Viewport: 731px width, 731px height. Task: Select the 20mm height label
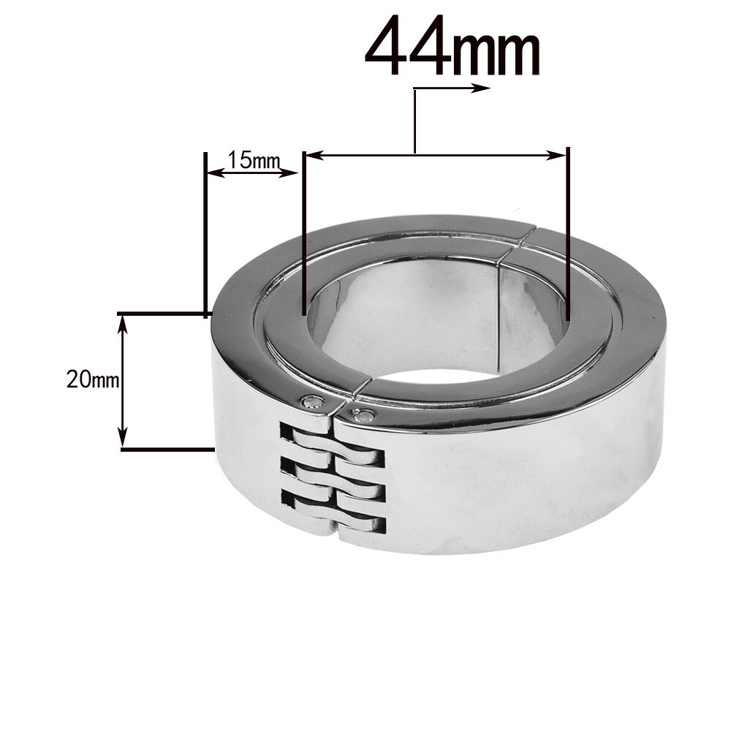(91, 380)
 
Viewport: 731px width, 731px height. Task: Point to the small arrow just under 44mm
(468, 88)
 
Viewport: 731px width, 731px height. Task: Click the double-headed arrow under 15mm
(252, 173)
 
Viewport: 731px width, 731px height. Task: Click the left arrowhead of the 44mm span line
(310, 155)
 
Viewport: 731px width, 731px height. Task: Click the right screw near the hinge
(363, 416)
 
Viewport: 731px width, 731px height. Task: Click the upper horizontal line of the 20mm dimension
(164, 314)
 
